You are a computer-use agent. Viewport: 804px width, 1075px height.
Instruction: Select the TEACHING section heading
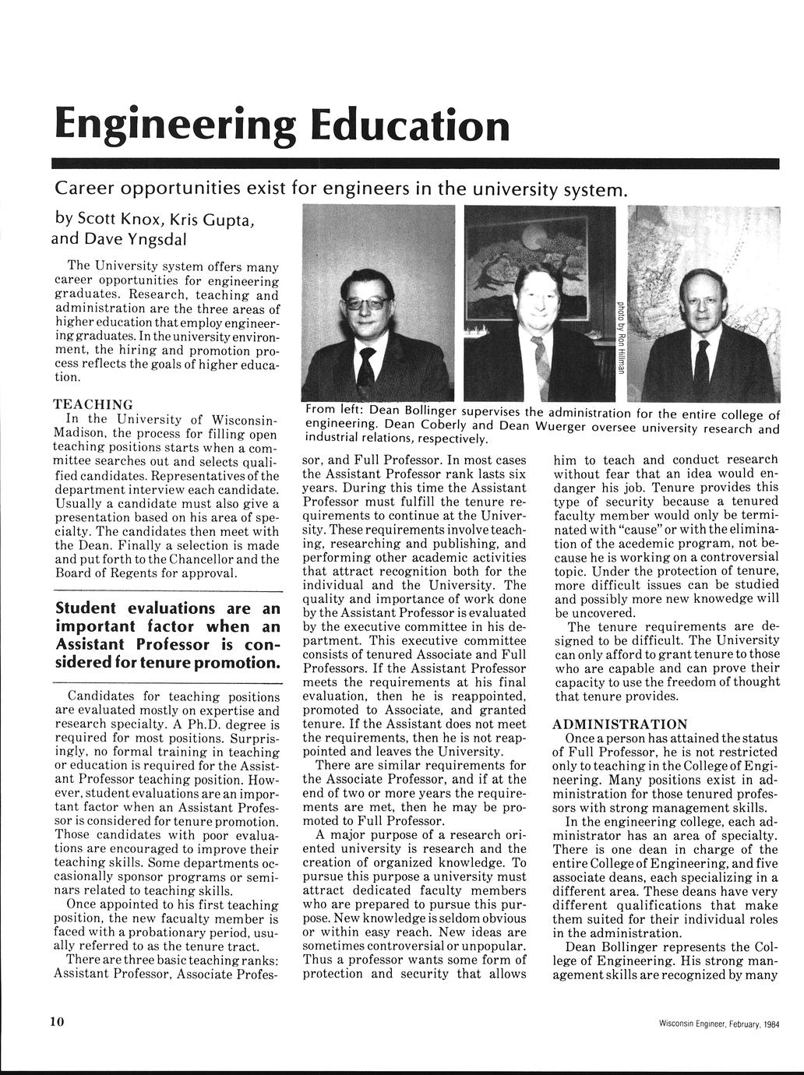(92, 404)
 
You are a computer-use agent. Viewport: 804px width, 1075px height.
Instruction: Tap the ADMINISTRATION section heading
(620, 724)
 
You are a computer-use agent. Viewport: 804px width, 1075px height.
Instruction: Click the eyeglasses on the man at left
(367, 303)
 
